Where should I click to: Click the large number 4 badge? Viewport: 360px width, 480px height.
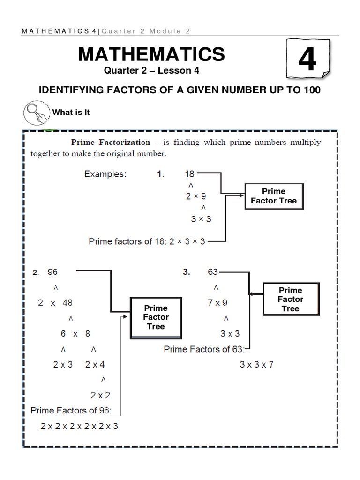click(x=307, y=60)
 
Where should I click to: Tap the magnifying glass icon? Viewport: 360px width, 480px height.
click(x=36, y=113)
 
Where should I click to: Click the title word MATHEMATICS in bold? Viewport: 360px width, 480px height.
click(x=151, y=55)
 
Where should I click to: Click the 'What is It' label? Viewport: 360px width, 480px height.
click(x=71, y=112)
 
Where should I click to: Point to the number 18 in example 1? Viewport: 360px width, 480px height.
click(x=190, y=174)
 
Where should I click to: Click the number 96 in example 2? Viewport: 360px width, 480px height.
click(x=52, y=272)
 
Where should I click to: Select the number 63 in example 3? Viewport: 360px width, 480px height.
click(x=212, y=272)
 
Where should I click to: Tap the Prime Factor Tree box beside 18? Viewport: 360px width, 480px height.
click(x=274, y=196)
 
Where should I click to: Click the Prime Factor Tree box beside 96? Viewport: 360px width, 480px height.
click(x=156, y=317)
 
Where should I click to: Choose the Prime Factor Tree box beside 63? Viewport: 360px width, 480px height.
click(x=290, y=299)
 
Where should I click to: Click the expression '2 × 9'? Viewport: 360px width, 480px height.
click(x=195, y=197)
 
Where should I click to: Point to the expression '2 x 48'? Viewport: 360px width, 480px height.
click(x=55, y=303)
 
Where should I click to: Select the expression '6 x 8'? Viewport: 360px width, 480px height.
click(x=75, y=334)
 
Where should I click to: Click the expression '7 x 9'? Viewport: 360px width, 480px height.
click(x=217, y=303)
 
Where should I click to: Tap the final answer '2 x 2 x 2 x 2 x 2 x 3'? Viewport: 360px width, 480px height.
click(x=79, y=427)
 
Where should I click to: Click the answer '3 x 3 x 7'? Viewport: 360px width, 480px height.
click(x=256, y=365)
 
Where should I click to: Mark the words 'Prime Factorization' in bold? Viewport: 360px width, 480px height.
click(x=110, y=142)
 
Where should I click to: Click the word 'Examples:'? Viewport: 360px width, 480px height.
click(x=105, y=174)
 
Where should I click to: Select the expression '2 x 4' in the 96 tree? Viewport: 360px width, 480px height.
click(x=95, y=365)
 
